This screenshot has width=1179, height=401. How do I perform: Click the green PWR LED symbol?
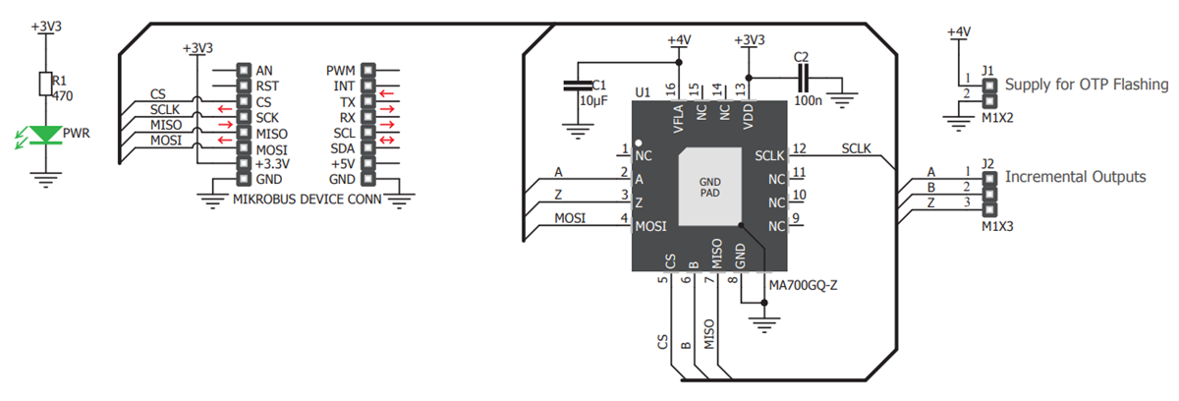pos(41,134)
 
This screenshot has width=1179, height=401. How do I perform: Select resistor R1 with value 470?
pos(41,84)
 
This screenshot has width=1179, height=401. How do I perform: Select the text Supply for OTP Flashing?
pos(1087,86)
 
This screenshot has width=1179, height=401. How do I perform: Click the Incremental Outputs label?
pos(1075,177)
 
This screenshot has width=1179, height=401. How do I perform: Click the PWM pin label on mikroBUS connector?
pos(340,71)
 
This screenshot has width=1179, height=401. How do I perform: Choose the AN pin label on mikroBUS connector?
pos(263,71)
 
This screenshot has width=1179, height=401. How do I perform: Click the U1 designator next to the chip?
pos(643,92)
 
